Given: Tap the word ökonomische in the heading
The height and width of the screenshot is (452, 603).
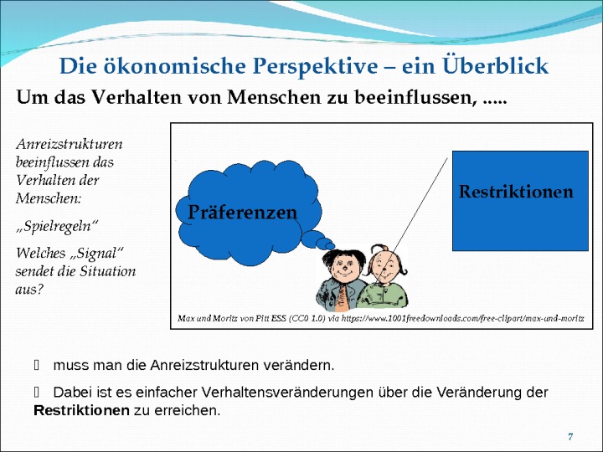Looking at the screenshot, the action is coord(174,66).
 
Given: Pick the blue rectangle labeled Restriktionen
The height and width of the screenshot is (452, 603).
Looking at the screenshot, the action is coord(520,201).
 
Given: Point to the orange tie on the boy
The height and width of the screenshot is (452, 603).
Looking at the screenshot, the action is coord(343,296).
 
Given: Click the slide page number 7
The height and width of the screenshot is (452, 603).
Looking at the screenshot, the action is coord(570,437).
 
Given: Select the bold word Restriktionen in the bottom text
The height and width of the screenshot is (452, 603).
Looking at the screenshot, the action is coord(81,410).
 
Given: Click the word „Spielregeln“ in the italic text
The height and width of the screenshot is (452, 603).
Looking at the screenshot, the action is coord(57,226).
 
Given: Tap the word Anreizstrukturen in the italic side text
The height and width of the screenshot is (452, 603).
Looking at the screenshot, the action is coord(70,144).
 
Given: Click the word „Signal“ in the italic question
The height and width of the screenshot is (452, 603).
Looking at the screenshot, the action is coord(97,254).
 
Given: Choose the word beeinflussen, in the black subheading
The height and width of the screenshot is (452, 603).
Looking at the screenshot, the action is coord(415,97).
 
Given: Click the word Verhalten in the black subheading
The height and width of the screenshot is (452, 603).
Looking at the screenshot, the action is coord(137,97).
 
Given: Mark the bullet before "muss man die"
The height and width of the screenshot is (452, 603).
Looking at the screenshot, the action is coord(37,365).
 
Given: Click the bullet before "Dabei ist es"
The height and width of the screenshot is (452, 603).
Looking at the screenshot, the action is coord(37,393).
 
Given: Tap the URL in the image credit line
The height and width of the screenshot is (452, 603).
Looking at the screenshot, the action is coord(462,319).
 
